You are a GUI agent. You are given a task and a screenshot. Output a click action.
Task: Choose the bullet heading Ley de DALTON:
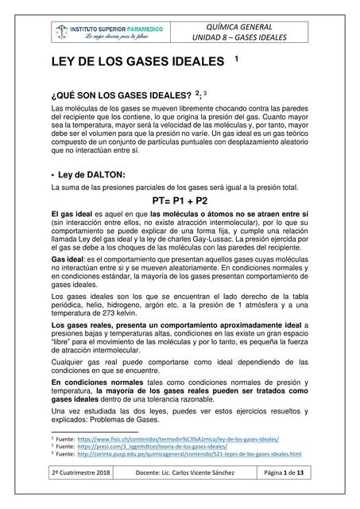92,174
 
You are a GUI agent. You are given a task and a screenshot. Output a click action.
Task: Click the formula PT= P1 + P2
179,200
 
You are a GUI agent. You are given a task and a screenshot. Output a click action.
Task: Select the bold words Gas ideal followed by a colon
69,260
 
